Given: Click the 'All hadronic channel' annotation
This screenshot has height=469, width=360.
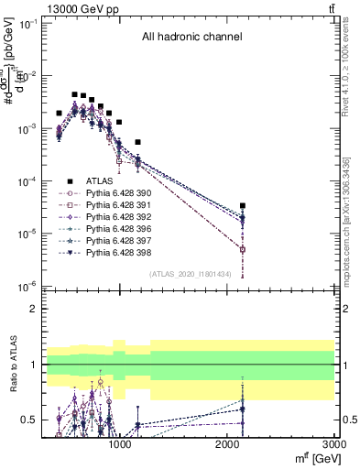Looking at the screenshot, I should [x=191, y=38].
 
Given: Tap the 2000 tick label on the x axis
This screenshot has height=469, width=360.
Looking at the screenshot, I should [x=227, y=443].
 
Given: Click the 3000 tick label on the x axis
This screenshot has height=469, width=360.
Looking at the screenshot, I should [x=334, y=443].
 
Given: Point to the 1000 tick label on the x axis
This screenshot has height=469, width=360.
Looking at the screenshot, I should [x=120, y=443].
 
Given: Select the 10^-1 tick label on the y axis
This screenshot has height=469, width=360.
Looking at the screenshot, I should [x=26, y=24].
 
